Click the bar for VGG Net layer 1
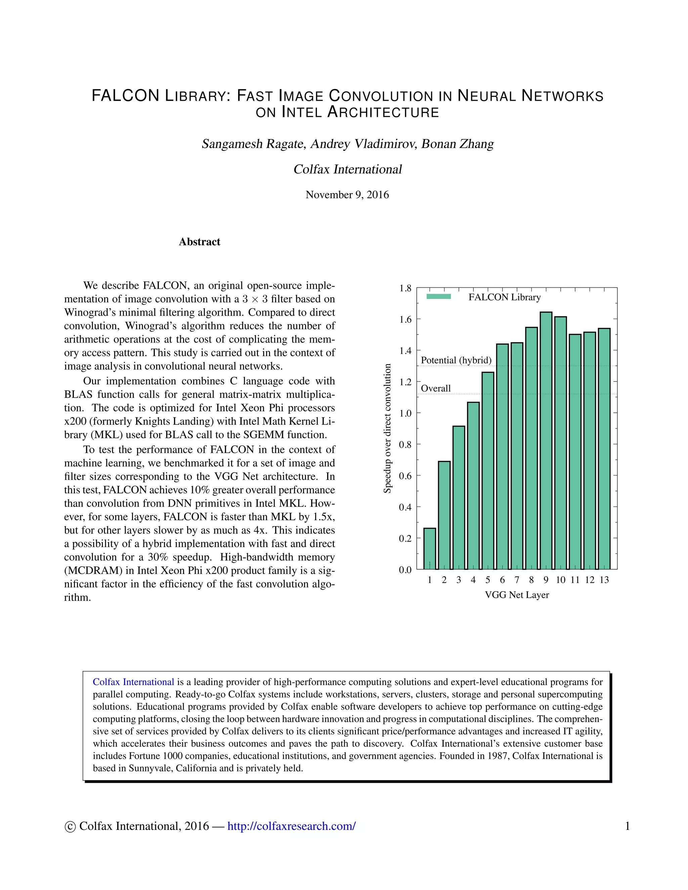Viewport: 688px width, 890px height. (430, 548)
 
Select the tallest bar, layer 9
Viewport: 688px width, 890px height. (546, 440)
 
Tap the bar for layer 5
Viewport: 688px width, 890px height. (488, 470)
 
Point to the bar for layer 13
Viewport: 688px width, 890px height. (604, 448)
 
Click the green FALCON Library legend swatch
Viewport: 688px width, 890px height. (438, 297)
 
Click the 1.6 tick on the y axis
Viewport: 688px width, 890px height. (405, 319)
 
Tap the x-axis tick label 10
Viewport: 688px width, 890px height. (560, 580)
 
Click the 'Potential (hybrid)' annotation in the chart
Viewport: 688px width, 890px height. (456, 360)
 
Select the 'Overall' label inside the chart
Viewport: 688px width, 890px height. (436, 388)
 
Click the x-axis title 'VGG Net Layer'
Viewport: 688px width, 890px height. (516, 595)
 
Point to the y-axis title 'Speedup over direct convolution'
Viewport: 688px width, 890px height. (388, 428)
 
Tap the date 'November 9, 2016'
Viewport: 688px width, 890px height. (347, 195)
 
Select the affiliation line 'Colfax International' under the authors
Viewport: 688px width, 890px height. (347, 169)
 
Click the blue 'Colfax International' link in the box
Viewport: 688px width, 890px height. (133, 682)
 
